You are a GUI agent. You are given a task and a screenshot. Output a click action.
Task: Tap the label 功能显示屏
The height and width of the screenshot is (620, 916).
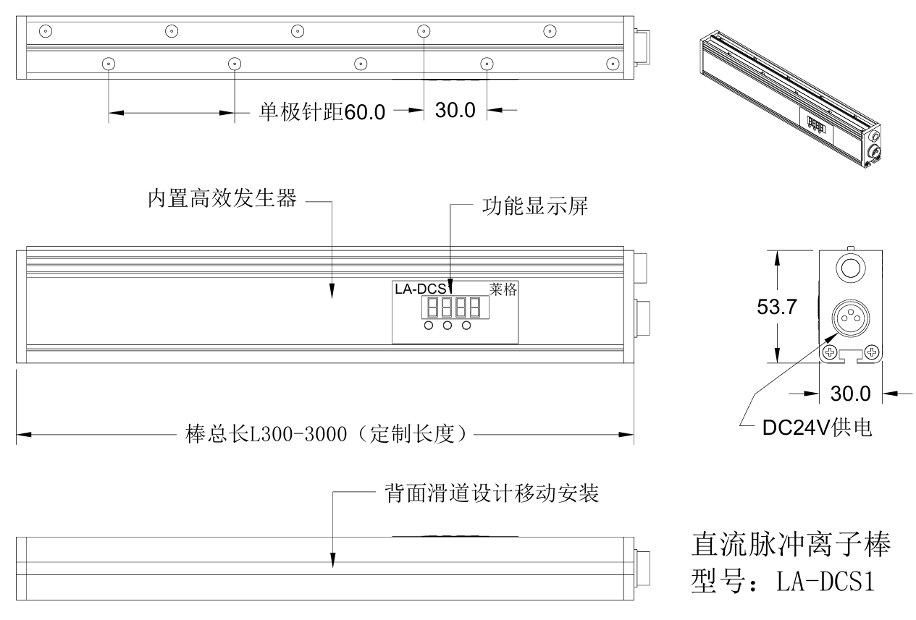pyautogui.click(x=534, y=206)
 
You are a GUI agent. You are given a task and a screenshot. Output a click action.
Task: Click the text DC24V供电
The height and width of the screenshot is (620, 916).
pyautogui.click(x=817, y=428)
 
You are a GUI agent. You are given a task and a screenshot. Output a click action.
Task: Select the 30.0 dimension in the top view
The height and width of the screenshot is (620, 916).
pyautogui.click(x=455, y=110)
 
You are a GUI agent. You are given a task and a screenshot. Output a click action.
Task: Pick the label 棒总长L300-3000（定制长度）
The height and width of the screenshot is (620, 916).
pyautogui.click(x=325, y=436)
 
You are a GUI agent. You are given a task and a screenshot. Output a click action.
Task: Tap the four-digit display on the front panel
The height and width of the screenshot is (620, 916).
pyautogui.click(x=454, y=308)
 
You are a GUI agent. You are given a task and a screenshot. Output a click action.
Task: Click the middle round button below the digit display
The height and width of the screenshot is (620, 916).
pyautogui.click(x=448, y=326)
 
